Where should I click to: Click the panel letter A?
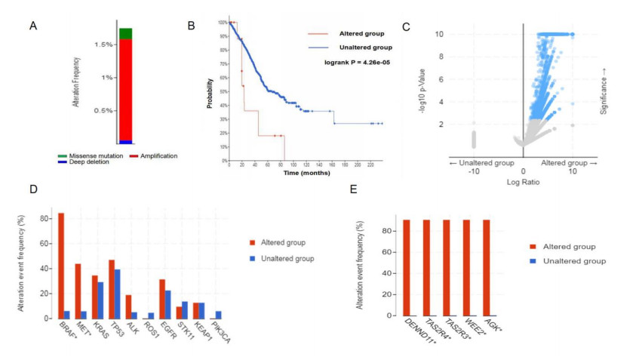33,26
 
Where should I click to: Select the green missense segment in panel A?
125,33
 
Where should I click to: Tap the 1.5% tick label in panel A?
104,45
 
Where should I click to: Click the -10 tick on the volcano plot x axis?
473,171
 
